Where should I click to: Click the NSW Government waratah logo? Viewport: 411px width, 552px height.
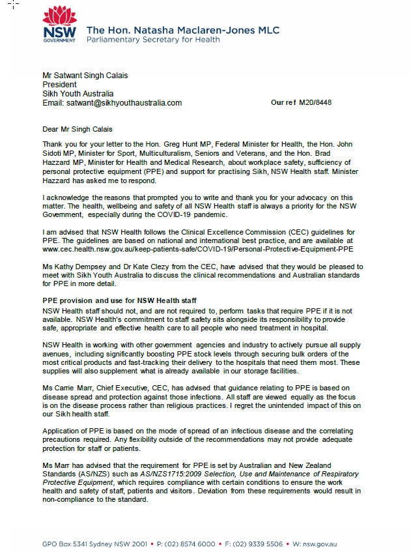(59, 25)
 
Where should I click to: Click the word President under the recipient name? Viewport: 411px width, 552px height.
(59, 85)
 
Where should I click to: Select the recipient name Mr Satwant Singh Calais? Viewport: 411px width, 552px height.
(85, 76)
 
